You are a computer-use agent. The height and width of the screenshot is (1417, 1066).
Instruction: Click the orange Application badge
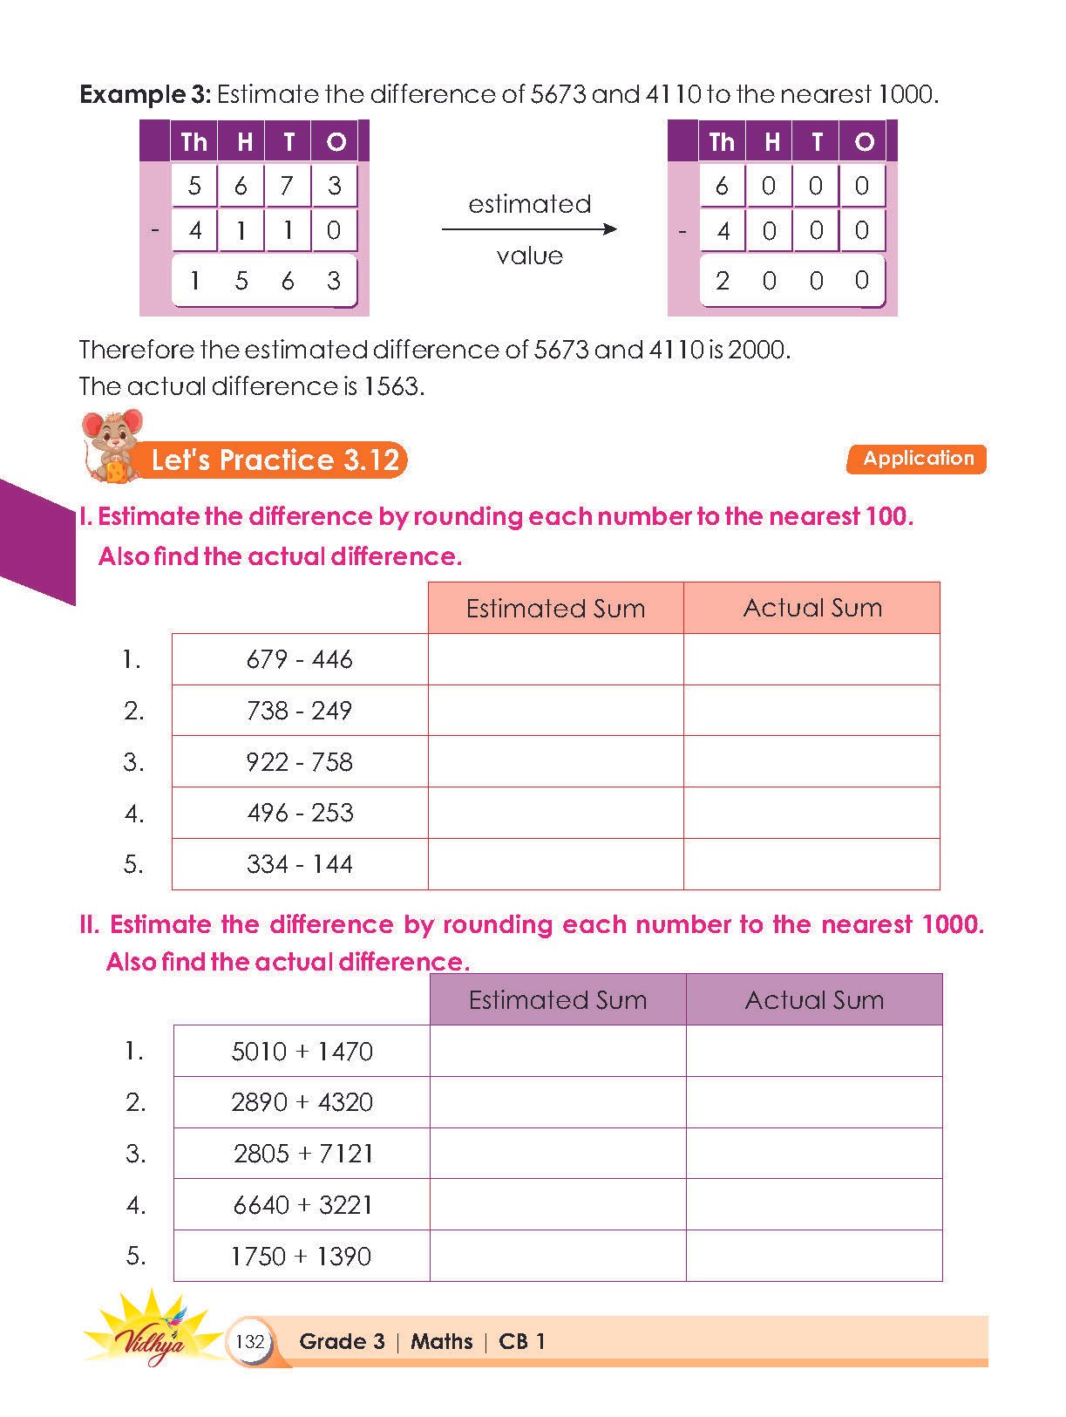pyautogui.click(x=916, y=460)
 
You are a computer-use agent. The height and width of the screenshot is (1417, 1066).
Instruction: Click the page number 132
pyautogui.click(x=250, y=1341)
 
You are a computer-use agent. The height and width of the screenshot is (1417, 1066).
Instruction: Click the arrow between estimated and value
pyautogui.click(x=529, y=229)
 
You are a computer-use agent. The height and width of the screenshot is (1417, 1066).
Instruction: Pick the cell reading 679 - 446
pyautogui.click(x=300, y=659)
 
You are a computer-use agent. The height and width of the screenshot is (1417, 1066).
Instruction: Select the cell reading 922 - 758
pyautogui.click(x=300, y=762)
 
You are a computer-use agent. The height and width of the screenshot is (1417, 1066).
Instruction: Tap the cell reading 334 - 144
pyautogui.click(x=300, y=864)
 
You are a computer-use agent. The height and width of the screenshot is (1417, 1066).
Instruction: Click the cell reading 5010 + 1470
pyautogui.click(x=302, y=1052)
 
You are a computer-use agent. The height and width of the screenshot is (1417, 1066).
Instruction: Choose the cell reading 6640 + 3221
pyautogui.click(x=302, y=1205)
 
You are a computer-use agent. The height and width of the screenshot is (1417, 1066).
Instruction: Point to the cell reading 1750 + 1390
pyautogui.click(x=302, y=1257)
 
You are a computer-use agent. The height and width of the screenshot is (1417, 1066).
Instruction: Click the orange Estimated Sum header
pyautogui.click(x=556, y=608)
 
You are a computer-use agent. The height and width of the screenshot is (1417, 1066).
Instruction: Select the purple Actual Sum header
pyautogui.click(x=814, y=999)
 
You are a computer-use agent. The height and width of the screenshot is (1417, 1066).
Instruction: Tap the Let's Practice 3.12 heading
pyautogui.click(x=275, y=460)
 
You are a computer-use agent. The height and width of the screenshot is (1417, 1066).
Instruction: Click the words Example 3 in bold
pyautogui.click(x=145, y=94)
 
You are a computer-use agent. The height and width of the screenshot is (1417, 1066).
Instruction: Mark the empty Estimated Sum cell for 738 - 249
pyautogui.click(x=556, y=711)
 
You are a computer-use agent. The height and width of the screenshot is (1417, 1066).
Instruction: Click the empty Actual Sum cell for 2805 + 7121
pyautogui.click(x=814, y=1154)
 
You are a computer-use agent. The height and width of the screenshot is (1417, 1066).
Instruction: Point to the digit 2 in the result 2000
pyautogui.click(x=723, y=281)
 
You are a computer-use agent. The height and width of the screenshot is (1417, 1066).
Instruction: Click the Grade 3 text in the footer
pyautogui.click(x=342, y=1341)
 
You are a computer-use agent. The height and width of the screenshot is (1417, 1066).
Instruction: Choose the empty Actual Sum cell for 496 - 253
pyautogui.click(x=811, y=813)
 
